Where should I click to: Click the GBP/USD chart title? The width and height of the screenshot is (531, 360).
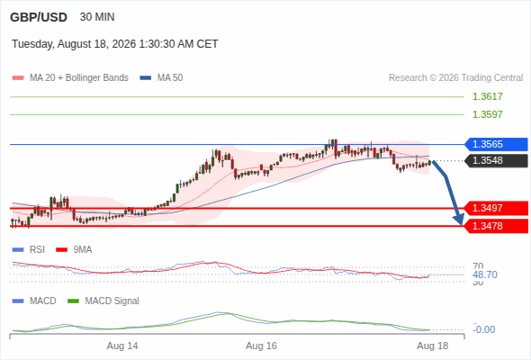click(39, 17)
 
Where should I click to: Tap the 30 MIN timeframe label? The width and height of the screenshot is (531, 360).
click(97, 17)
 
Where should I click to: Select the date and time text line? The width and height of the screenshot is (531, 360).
click(115, 44)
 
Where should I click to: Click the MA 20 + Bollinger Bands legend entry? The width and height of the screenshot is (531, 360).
click(70, 78)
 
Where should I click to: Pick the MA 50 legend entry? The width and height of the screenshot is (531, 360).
click(161, 78)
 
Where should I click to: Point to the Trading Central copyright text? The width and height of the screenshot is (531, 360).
click(455, 78)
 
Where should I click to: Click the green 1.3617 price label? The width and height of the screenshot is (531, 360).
click(487, 96)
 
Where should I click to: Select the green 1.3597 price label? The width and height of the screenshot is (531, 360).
click(487, 114)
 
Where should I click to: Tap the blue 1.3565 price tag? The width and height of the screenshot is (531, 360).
click(496, 144)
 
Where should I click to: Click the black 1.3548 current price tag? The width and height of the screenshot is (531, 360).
click(496, 160)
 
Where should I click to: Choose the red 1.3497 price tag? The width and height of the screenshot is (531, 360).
click(496, 208)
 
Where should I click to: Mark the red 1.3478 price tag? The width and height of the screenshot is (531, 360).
click(496, 226)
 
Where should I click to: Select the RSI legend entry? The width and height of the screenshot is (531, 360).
click(29, 250)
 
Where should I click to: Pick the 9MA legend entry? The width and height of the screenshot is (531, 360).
click(74, 250)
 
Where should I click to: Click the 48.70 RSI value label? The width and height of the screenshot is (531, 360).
click(485, 274)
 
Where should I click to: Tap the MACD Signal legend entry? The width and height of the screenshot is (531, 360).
click(103, 301)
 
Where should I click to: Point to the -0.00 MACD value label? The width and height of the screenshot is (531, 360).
click(483, 329)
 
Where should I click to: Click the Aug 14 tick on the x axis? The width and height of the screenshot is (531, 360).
click(122, 346)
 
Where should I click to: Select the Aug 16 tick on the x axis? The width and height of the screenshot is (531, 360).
click(261, 346)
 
